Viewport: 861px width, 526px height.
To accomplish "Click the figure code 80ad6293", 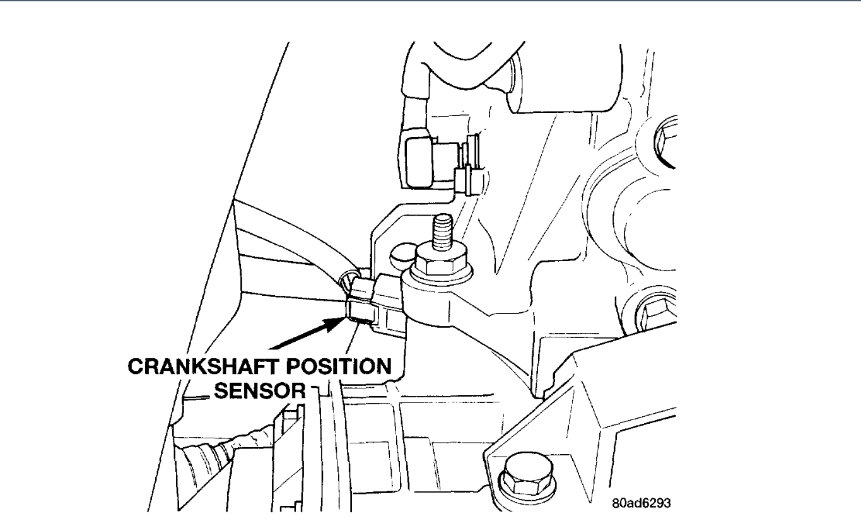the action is pos(640,504).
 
